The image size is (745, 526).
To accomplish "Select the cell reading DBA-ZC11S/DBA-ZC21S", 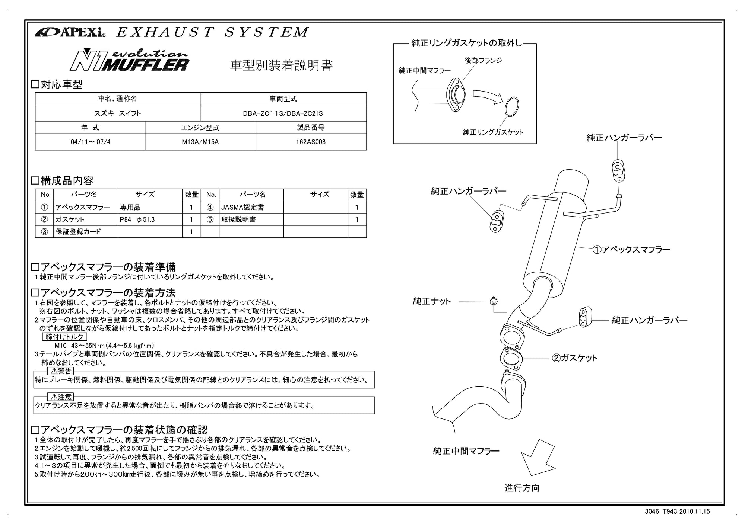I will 283,113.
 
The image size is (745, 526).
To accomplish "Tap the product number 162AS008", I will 311,142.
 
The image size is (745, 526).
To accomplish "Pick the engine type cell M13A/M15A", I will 200,142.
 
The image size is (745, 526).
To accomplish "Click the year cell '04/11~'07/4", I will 90,142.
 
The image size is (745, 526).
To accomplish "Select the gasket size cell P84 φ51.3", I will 137,219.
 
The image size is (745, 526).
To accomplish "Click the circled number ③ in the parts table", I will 44,231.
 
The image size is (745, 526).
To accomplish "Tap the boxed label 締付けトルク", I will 65,337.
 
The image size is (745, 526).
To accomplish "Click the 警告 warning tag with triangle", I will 61,371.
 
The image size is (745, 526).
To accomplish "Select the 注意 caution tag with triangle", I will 61,397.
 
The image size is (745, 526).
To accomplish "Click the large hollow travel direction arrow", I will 538,459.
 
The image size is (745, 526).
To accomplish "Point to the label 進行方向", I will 522,488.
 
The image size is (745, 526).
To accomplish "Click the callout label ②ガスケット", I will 574,358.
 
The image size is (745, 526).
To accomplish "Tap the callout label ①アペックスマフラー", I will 631,250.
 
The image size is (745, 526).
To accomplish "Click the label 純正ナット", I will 432,301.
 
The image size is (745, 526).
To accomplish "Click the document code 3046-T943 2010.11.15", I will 677,511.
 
